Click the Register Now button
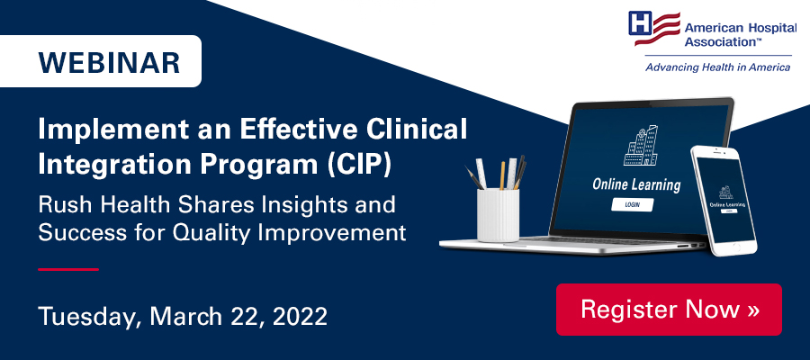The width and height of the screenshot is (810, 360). point(669,310)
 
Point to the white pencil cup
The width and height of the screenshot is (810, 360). point(498,215)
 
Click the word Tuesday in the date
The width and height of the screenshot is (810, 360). point(85,316)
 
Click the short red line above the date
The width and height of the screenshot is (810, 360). point(67,268)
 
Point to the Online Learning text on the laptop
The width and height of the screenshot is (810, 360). point(635,185)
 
